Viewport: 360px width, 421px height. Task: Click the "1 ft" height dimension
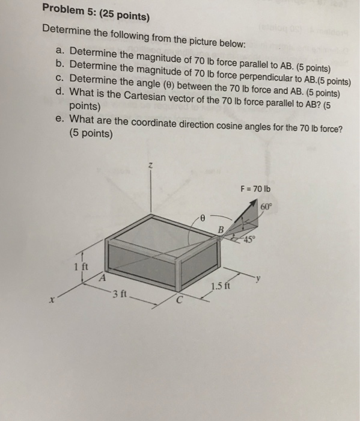(77, 266)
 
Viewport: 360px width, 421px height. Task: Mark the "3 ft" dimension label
(119, 294)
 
